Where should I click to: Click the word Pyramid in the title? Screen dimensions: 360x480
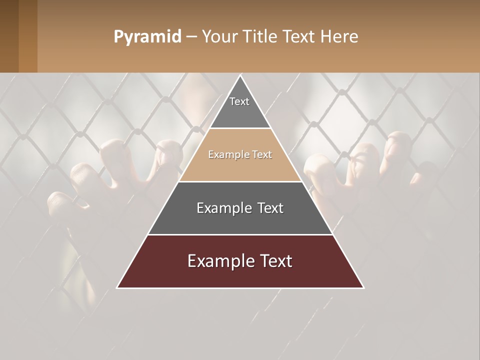click(x=147, y=37)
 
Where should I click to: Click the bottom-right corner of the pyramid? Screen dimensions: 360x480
click(x=363, y=287)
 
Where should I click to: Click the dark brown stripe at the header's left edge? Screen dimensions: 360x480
click(x=9, y=36)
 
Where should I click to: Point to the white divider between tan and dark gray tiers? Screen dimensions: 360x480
click(x=240, y=181)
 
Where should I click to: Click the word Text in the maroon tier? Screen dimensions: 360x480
click(x=274, y=261)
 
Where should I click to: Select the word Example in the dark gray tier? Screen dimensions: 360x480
click(x=223, y=208)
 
